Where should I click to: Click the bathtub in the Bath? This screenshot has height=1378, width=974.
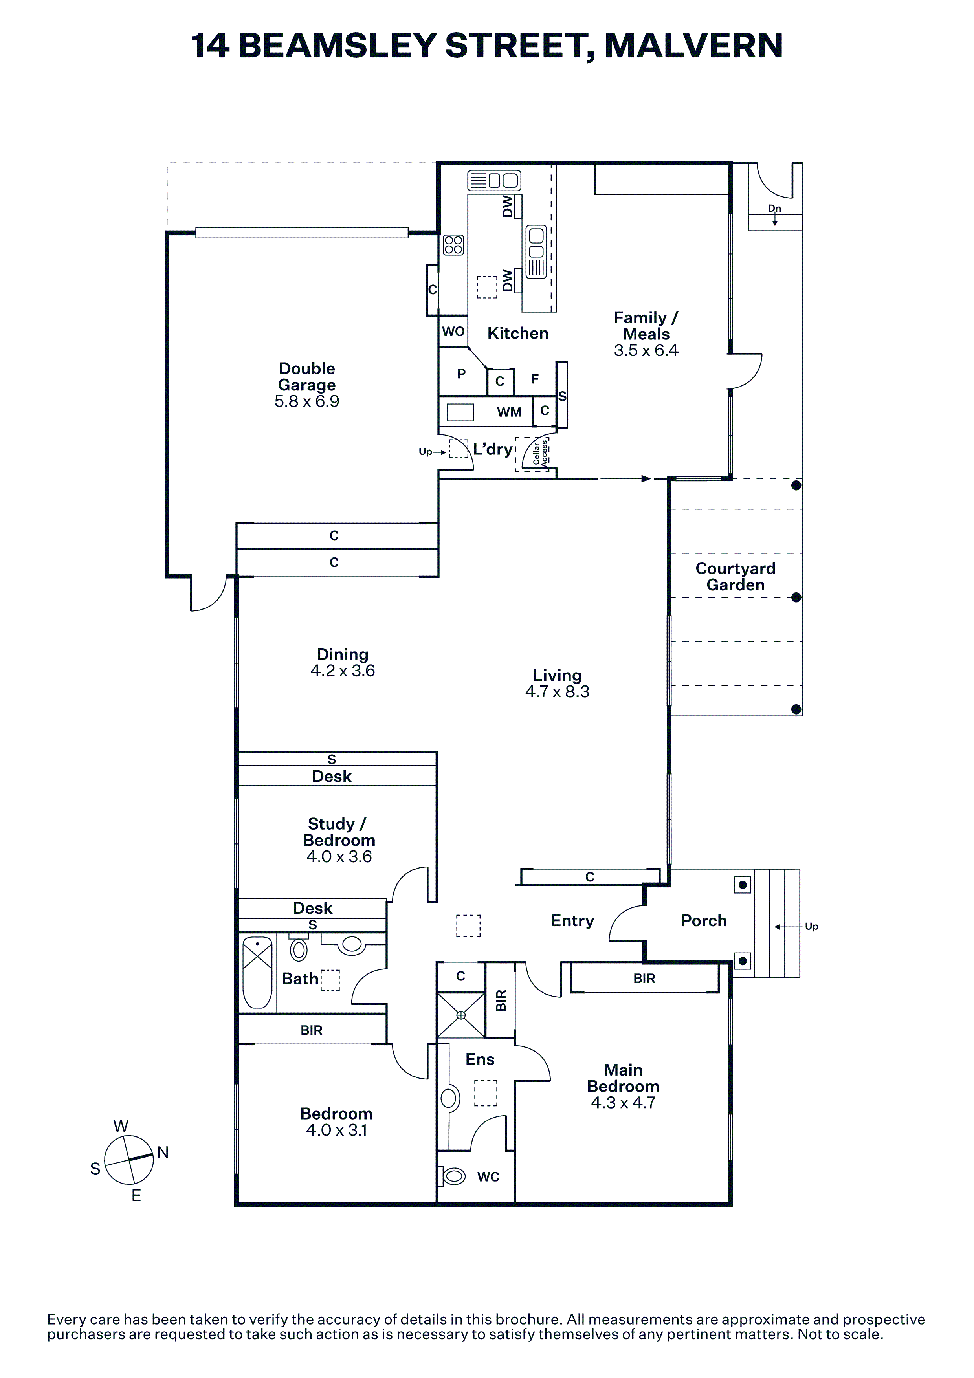[x=257, y=972]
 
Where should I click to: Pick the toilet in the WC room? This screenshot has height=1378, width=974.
[x=452, y=1176]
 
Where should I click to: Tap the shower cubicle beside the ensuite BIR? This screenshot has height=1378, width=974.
[x=460, y=1015]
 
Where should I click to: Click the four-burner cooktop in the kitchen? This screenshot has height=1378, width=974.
[x=454, y=245]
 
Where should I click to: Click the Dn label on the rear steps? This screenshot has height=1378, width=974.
[x=774, y=208]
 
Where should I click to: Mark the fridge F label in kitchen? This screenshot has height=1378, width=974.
[x=535, y=379]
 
